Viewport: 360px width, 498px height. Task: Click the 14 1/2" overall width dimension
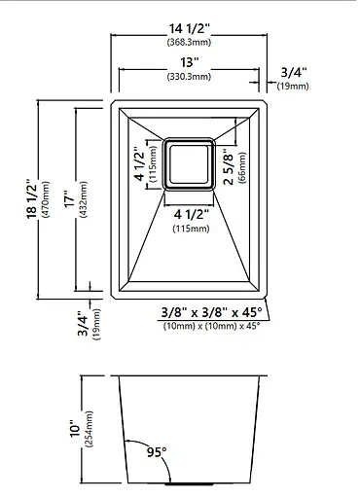[189, 29]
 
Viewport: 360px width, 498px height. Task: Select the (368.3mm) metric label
[189, 42]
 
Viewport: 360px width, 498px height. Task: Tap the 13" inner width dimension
[189, 62]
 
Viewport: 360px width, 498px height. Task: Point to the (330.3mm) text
[189, 77]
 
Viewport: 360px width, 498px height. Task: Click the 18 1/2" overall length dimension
[32, 198]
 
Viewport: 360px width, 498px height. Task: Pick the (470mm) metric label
[46, 199]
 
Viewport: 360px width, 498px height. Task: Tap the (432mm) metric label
[83, 199]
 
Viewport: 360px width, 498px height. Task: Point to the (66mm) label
[242, 168]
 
